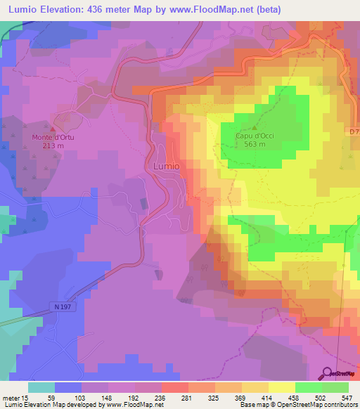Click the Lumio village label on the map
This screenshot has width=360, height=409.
pyautogui.click(x=166, y=166)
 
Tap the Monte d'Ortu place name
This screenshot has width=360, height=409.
pyautogui.click(x=53, y=137)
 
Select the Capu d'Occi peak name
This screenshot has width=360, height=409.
pyautogui.click(x=254, y=136)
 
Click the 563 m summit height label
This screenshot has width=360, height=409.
pyautogui.click(x=254, y=144)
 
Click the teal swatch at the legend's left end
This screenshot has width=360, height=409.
pyautogui.click(x=41, y=387)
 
